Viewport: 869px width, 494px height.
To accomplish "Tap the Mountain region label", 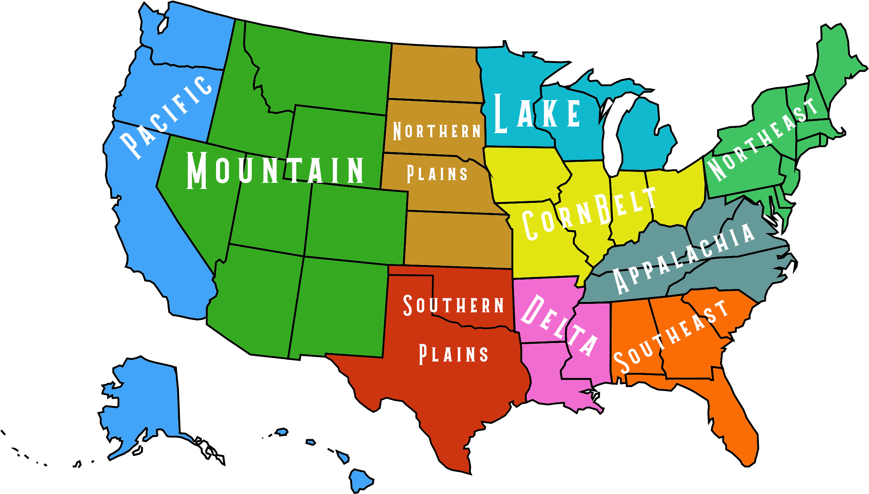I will (x=275, y=170).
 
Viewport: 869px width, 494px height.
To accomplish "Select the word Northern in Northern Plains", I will (x=437, y=131).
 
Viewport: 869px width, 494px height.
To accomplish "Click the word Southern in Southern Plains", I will (x=454, y=305).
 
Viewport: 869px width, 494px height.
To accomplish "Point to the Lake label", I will (x=537, y=113).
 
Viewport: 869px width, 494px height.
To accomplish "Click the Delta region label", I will (x=559, y=324).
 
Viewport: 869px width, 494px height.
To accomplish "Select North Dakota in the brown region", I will (x=434, y=73).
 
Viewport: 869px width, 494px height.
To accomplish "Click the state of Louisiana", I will (x=544, y=377).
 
